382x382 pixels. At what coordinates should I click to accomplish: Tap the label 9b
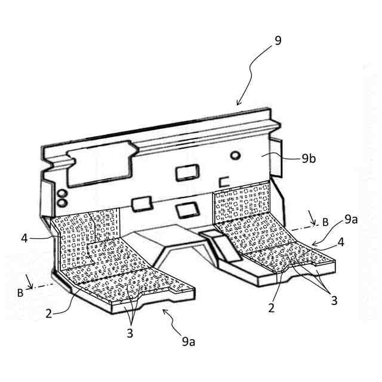[x=309, y=158]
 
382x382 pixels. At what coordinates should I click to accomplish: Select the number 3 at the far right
[x=334, y=300]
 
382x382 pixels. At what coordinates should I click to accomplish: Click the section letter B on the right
[x=325, y=221]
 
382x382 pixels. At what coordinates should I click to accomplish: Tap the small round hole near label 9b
[x=236, y=155]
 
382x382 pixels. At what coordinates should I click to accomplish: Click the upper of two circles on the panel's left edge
[x=60, y=193]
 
